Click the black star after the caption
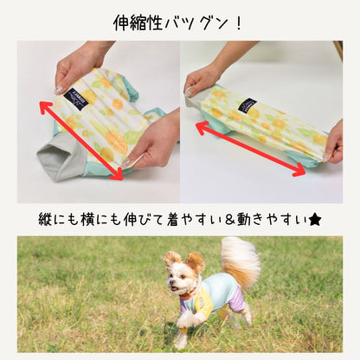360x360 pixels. point(315,221)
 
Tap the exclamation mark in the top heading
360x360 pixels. point(238,22)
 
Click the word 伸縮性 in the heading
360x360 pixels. point(138,23)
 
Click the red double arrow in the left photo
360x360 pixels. point(82,140)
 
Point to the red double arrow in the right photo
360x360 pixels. point(250,149)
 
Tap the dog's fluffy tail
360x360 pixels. point(240,260)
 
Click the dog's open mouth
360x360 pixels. point(174,288)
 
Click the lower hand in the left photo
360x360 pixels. point(153,142)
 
